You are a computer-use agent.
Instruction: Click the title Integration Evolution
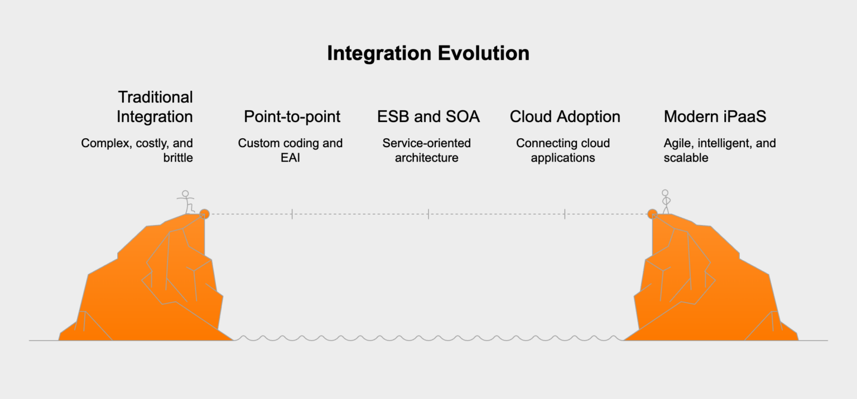428,53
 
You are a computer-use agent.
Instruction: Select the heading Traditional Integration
155,107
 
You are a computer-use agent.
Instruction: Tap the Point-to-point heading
292,117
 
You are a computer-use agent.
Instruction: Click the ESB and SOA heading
428,117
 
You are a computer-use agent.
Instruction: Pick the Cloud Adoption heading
565,117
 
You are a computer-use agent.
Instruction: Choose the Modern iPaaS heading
715,117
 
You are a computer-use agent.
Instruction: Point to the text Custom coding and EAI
290,150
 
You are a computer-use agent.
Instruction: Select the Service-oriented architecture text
427,150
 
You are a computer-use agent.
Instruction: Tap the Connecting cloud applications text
563,150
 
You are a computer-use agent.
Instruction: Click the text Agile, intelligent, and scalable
719,150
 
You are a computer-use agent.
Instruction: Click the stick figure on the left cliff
186,202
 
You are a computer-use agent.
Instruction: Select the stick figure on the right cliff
665,202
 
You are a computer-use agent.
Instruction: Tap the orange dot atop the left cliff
204,213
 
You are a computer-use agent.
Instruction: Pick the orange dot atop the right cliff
652,213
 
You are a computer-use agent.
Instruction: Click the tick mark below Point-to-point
292,214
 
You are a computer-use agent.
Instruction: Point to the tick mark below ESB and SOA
428,214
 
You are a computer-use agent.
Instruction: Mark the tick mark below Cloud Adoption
565,214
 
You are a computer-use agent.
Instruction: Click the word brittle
178,158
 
